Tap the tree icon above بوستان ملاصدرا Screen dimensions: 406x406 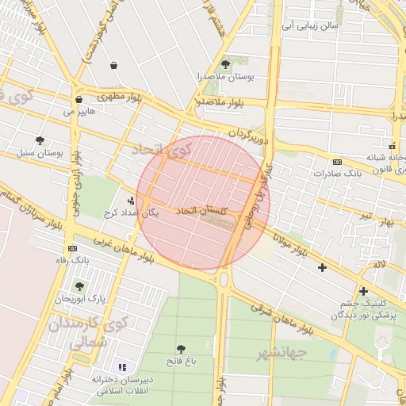click(226, 64)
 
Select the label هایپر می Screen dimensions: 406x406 click(79, 112)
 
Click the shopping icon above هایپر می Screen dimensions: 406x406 click(79, 100)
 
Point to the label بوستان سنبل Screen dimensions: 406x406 click(40, 152)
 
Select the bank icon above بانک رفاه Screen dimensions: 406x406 click(73, 248)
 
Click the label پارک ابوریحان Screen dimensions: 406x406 click(79, 299)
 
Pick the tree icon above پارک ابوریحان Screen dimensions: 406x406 click(79, 285)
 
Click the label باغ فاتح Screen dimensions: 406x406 click(182, 362)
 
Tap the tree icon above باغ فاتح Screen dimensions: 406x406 click(182, 349)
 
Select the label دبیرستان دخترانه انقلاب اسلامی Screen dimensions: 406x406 click(121, 385)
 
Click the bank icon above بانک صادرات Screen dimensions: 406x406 click(337, 161)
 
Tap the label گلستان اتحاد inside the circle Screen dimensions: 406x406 click(201, 211)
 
